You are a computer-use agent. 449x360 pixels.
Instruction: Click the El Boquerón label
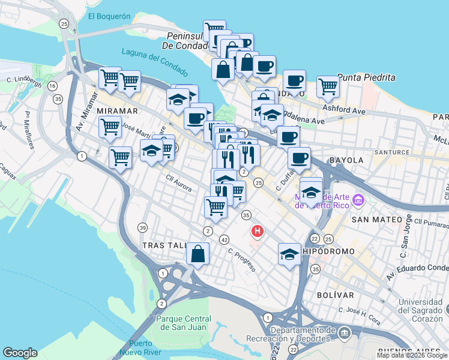pyautogui.click(x=109, y=17)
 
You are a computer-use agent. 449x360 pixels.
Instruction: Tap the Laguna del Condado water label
pyautogui.click(x=154, y=58)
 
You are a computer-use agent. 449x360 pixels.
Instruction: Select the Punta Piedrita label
pyautogui.click(x=366, y=77)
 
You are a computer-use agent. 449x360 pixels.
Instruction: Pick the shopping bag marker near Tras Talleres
pyautogui.click(x=197, y=253)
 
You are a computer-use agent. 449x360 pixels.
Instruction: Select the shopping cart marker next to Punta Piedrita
pyautogui.click(x=328, y=86)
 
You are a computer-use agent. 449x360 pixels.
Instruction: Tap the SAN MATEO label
pyautogui.click(x=376, y=220)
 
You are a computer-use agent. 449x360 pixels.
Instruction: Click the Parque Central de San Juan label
pyautogui.click(x=184, y=322)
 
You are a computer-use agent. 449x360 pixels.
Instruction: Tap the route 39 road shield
pyautogui.click(x=142, y=227)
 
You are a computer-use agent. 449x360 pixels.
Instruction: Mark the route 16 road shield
pyautogui.click(x=53, y=86)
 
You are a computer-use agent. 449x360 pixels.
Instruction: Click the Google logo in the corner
pyautogui.click(x=20, y=352)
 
